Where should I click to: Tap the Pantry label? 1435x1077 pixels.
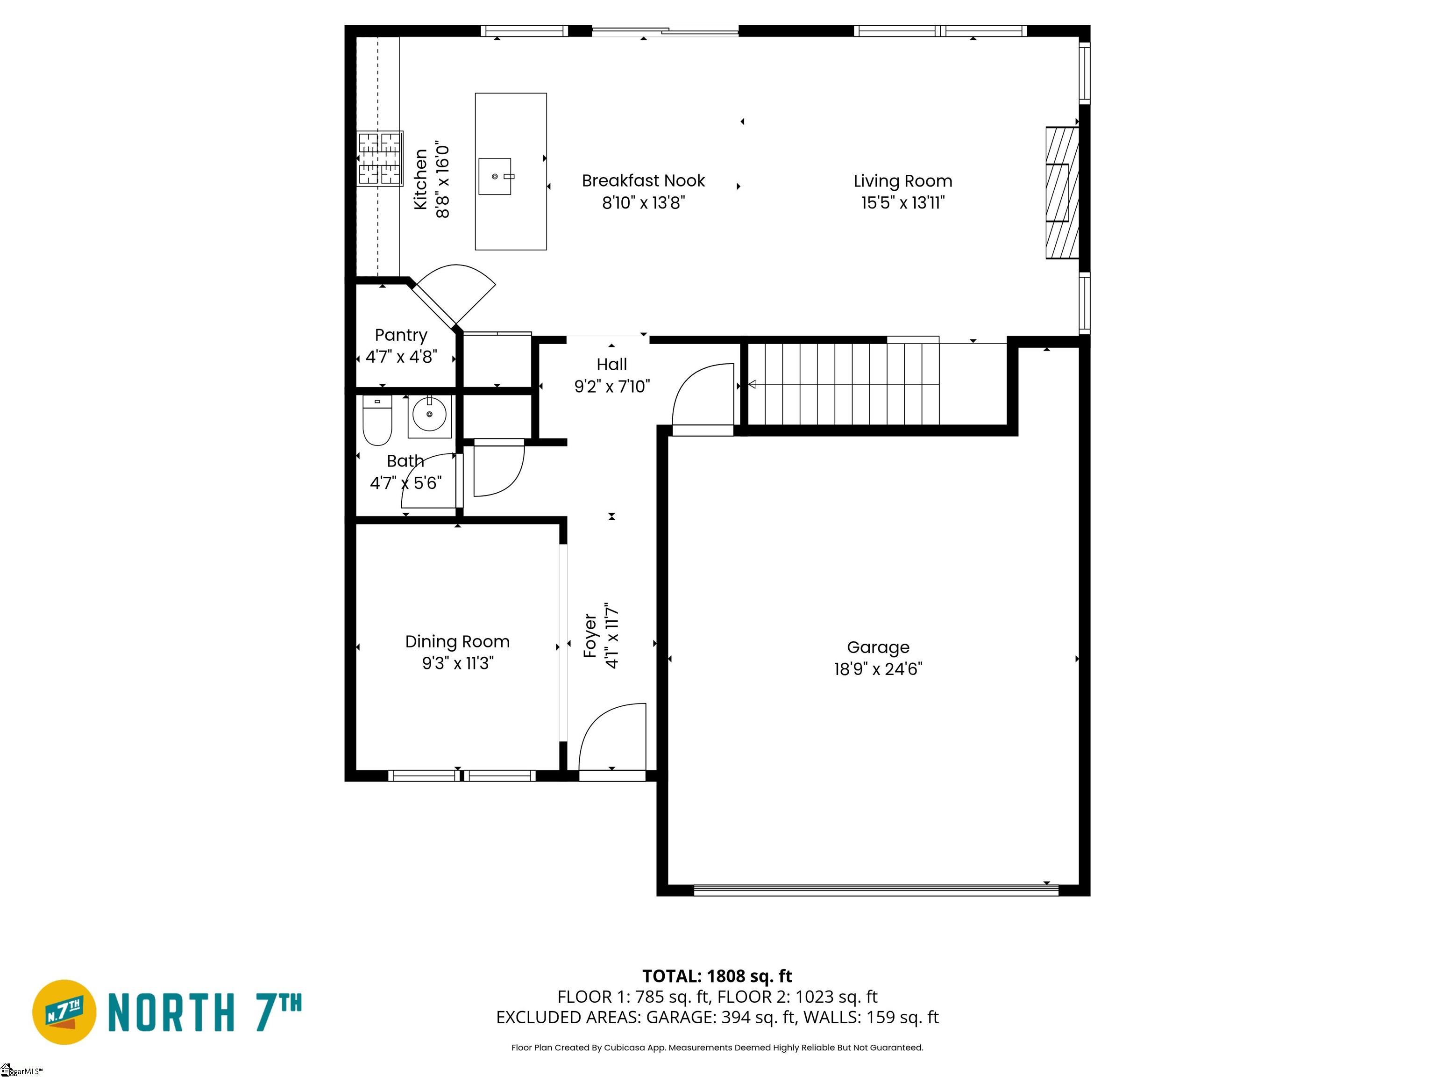[401, 335]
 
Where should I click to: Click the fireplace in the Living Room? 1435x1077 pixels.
[1062, 193]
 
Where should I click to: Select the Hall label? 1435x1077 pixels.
[612, 364]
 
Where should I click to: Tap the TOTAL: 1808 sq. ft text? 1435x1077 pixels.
[717, 976]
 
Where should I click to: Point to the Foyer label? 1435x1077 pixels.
[590, 636]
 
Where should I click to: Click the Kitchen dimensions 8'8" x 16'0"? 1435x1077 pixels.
[442, 179]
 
